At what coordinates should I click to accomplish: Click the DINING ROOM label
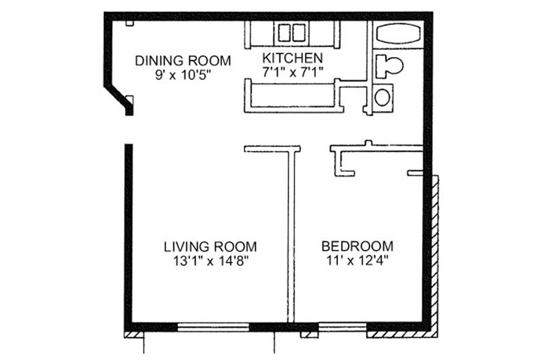183,60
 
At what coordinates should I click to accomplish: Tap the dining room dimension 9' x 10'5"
183,74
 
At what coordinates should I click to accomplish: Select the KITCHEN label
292,58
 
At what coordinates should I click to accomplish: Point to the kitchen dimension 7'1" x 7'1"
292,72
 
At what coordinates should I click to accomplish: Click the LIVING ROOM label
210,247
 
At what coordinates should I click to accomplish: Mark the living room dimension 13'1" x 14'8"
210,261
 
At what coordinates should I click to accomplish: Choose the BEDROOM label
357,246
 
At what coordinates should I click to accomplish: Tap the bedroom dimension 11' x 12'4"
357,261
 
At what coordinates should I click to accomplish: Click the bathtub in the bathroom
398,34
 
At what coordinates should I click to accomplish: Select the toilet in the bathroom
389,66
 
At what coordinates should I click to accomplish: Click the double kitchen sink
292,33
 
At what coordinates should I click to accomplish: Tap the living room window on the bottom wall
213,327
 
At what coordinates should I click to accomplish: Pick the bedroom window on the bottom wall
343,327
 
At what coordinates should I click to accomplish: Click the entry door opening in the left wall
129,130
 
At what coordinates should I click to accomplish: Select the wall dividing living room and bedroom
292,237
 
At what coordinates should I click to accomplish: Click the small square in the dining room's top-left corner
129,23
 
